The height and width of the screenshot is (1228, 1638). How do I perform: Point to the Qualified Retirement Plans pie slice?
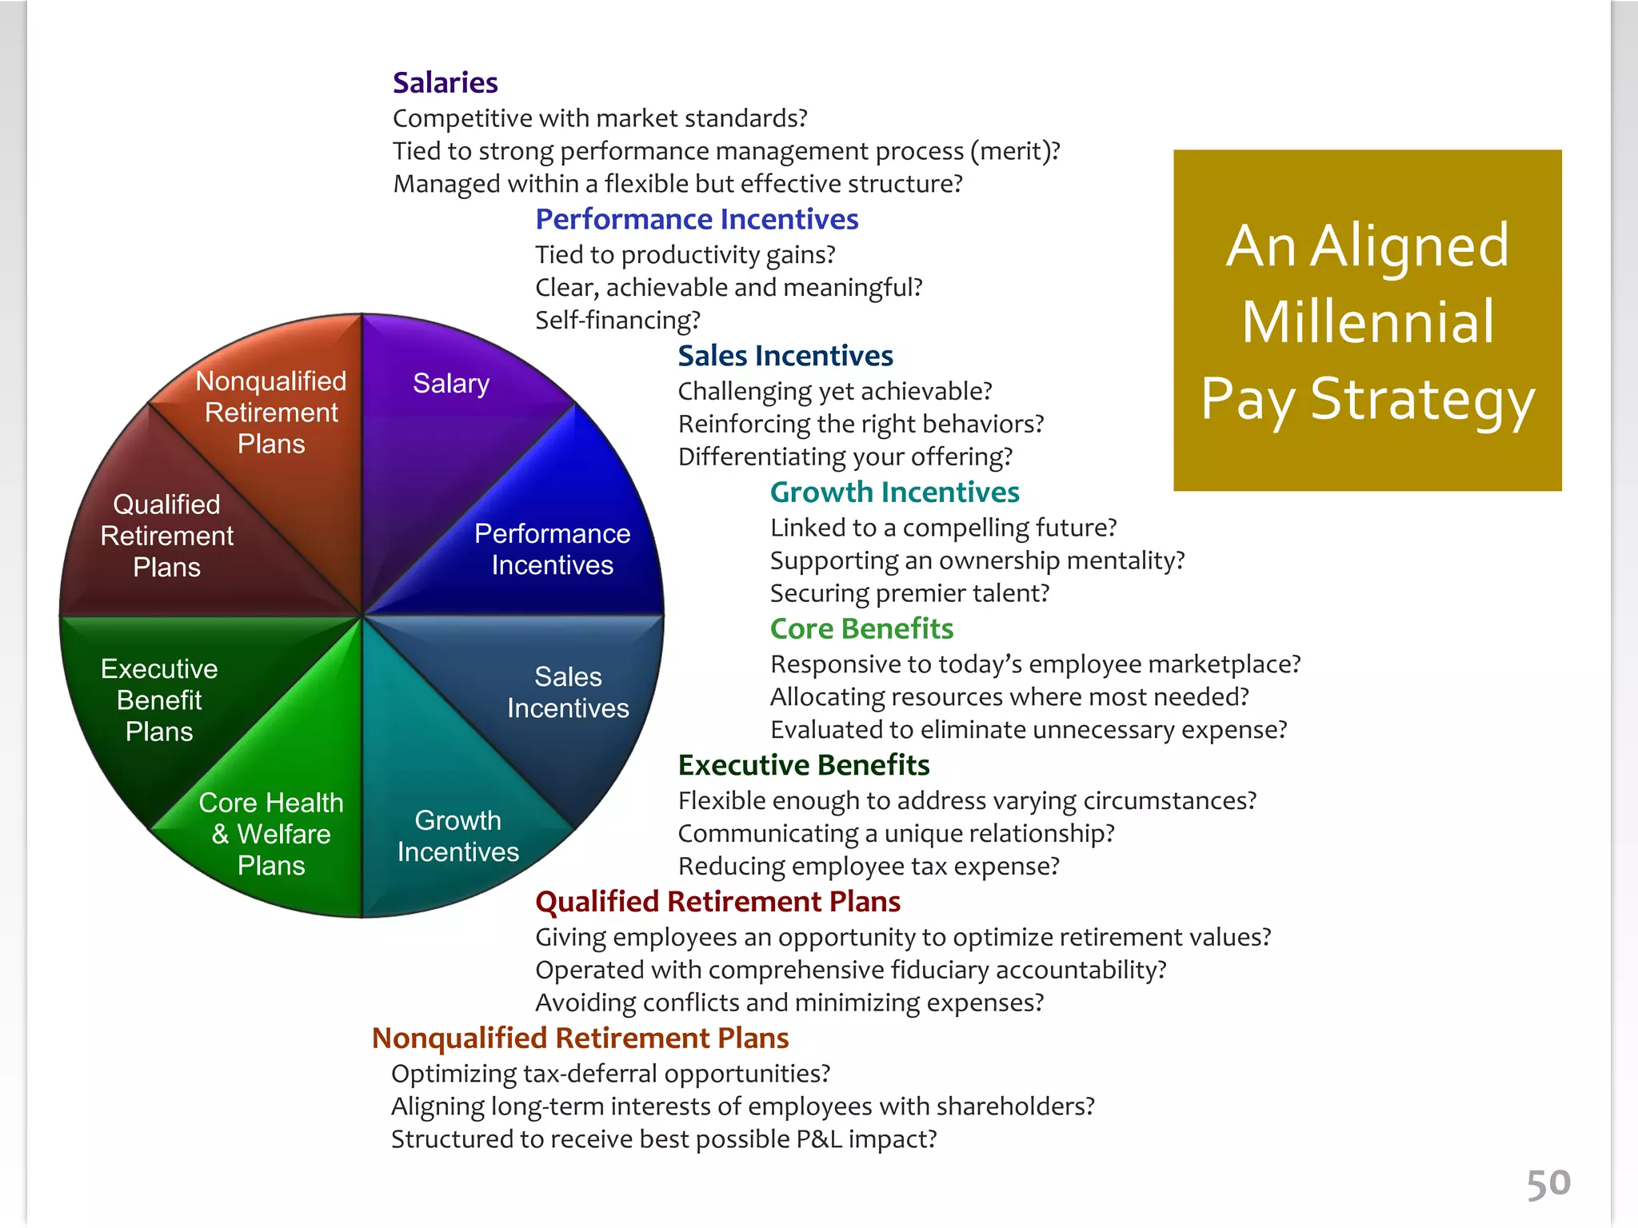(167, 536)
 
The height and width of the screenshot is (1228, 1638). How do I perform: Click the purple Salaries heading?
(445, 82)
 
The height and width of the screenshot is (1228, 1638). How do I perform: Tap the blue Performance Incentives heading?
(697, 219)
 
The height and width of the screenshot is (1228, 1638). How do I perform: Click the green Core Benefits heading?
(861, 628)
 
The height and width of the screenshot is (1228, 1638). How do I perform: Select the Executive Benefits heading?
(804, 765)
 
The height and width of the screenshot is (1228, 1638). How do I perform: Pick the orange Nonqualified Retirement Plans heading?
(581, 1038)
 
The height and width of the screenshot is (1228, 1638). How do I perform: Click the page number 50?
(1548, 1183)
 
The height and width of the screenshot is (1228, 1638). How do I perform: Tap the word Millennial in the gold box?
(1368, 321)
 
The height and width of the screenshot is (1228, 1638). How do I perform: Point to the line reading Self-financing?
(617, 320)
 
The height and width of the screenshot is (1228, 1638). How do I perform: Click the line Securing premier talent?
(909, 593)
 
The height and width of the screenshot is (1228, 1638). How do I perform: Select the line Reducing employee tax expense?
(869, 866)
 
